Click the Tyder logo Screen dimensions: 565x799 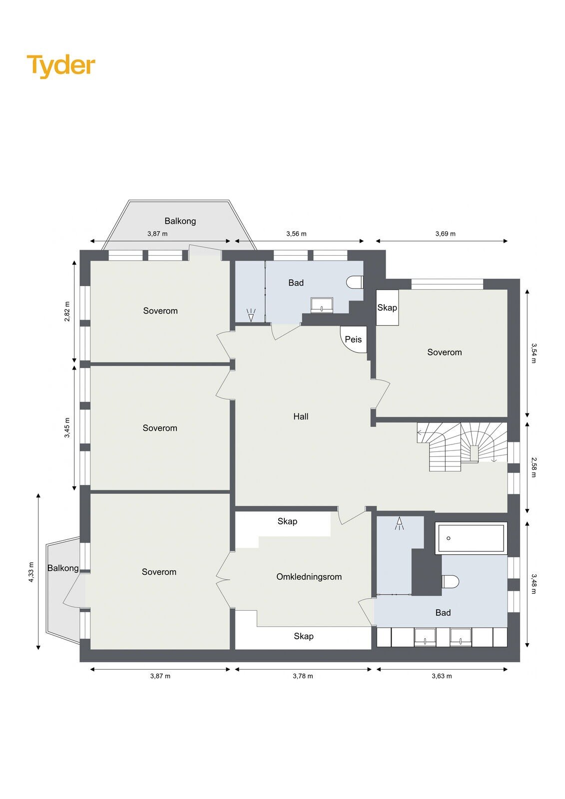[x=61, y=66]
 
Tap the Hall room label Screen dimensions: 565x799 [x=301, y=416]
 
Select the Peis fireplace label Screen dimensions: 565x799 [x=353, y=339]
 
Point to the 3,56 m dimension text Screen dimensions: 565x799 [x=296, y=234]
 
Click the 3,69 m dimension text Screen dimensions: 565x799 [x=445, y=234]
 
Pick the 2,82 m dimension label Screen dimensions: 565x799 [x=67, y=312]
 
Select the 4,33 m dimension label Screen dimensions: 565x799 [x=31, y=572]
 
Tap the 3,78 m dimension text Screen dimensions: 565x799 [x=303, y=676]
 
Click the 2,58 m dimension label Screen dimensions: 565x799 [x=534, y=467]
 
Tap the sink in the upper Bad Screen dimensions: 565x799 [x=322, y=305]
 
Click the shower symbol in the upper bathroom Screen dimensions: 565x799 [x=251, y=315]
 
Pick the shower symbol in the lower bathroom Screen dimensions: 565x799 [x=399, y=524]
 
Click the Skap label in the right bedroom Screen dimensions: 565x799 [x=387, y=307]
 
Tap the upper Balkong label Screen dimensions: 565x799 [x=180, y=221]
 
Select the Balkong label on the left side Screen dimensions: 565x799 [x=63, y=567]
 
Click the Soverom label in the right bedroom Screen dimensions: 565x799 [x=445, y=352]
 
